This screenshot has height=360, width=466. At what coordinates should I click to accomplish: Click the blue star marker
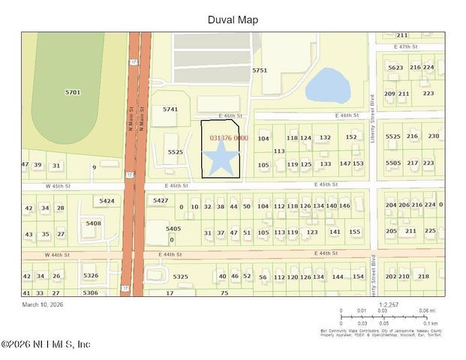pyautogui.click(x=219, y=160)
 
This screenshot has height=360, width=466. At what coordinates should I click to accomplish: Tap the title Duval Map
pyautogui.click(x=233, y=20)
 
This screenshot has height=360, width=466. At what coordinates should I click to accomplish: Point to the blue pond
pyautogui.click(x=328, y=85)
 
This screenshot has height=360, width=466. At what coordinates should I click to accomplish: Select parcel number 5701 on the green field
pyautogui.click(x=73, y=92)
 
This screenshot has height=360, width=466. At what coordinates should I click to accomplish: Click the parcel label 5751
pyautogui.click(x=260, y=70)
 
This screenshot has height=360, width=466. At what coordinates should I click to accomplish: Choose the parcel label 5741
pyautogui.click(x=170, y=109)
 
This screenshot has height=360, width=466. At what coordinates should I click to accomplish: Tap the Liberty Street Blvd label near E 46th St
pyautogui.click(x=371, y=120)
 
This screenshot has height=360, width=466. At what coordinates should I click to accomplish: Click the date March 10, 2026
pyautogui.click(x=47, y=304)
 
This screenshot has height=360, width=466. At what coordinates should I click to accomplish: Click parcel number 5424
pyautogui.click(x=107, y=201)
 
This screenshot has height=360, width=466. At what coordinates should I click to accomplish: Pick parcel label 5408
pyautogui.click(x=93, y=223)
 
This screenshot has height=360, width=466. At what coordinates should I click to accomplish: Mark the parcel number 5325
pyautogui.click(x=180, y=277)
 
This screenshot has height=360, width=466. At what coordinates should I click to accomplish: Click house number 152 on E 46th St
pyautogui.click(x=351, y=137)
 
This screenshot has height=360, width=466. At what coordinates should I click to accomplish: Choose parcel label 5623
pyautogui.click(x=395, y=67)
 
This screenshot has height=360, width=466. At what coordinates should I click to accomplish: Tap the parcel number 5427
pyautogui.click(x=161, y=200)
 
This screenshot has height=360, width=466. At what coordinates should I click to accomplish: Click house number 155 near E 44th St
pyautogui.click(x=355, y=232)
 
